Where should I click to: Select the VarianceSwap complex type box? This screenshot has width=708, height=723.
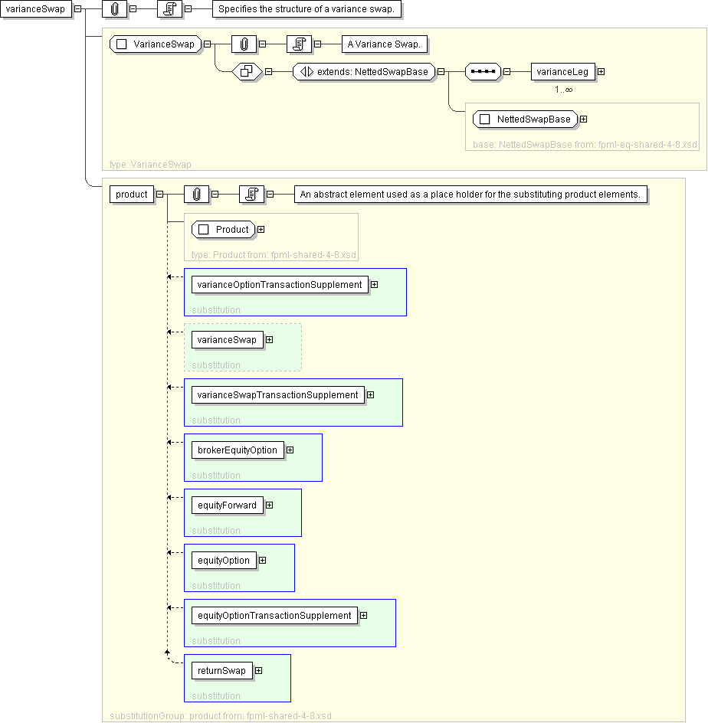pyautogui.click(x=156, y=44)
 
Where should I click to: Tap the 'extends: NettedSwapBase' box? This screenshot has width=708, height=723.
pyautogui.click(x=364, y=72)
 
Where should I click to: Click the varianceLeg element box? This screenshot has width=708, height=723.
pyautogui.click(x=562, y=72)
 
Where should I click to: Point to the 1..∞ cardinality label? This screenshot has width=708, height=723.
pyautogui.click(x=563, y=90)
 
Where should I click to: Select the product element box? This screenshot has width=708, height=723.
pyautogui.click(x=132, y=195)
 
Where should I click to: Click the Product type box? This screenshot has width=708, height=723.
pyautogui.click(x=224, y=230)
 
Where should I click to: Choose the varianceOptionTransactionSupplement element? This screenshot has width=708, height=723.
pyautogui.click(x=279, y=285)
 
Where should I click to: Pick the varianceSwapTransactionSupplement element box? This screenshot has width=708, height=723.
pyautogui.click(x=277, y=395)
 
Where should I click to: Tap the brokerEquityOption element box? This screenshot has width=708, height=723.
pyautogui.click(x=238, y=450)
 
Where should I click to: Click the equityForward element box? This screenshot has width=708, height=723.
pyautogui.click(x=227, y=505)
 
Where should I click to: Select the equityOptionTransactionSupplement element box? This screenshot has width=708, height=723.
pyautogui.click(x=274, y=616)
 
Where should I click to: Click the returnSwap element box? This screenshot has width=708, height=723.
pyautogui.click(x=221, y=671)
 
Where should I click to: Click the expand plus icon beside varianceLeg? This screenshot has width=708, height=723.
pyautogui.click(x=601, y=72)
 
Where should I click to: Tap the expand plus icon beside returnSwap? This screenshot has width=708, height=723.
pyautogui.click(x=258, y=671)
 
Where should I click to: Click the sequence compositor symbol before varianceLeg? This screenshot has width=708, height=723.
pyautogui.click(x=483, y=72)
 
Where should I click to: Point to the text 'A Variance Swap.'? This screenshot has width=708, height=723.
pyautogui.click(x=383, y=44)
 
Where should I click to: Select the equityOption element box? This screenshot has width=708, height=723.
pyautogui.click(x=223, y=561)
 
